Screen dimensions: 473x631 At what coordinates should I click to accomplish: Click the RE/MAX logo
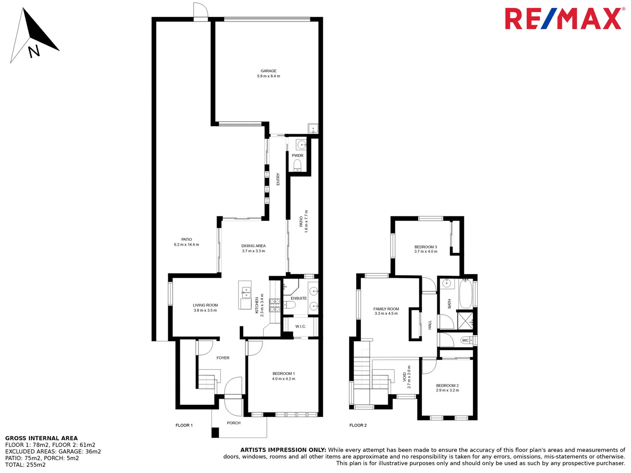pyautogui.click(x=564, y=19)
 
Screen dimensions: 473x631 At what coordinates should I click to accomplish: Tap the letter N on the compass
pyautogui.click(x=34, y=51)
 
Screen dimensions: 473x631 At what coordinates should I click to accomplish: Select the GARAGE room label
pyautogui.click(x=269, y=71)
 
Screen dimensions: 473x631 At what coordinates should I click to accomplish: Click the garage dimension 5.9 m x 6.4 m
pyautogui.click(x=269, y=76)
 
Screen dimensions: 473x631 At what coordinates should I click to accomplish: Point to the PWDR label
pyautogui.click(x=298, y=155)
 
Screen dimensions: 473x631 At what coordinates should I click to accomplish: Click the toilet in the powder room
pyautogui.click(x=298, y=165)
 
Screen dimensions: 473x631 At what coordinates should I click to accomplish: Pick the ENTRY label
pyautogui.click(x=278, y=179)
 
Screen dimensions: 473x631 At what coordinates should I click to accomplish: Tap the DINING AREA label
pyautogui.click(x=253, y=246)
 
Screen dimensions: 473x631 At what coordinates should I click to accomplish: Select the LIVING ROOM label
pyautogui.click(x=205, y=305)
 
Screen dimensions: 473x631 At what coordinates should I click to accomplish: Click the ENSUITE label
pyautogui.click(x=299, y=298)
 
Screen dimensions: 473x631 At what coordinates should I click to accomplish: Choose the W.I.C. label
pyautogui.click(x=301, y=326)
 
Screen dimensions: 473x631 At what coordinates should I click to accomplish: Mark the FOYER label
pyautogui.click(x=223, y=358)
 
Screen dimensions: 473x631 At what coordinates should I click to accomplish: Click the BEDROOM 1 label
pyautogui.click(x=284, y=374)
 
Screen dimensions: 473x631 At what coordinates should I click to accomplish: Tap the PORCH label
pyautogui.click(x=234, y=423)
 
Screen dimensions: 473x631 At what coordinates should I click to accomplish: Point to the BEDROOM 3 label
pyautogui.click(x=425, y=247)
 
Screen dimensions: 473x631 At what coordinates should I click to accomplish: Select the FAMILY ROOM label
pyautogui.click(x=386, y=309)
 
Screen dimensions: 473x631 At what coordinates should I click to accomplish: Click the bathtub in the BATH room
pyautogui.click(x=465, y=294)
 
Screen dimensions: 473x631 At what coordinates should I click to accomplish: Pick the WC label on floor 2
pyautogui.click(x=465, y=340)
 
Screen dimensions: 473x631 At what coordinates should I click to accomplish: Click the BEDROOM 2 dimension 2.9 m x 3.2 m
pyautogui.click(x=447, y=390)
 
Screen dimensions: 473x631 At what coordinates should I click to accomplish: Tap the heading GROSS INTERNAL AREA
pyautogui.click(x=41, y=438)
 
